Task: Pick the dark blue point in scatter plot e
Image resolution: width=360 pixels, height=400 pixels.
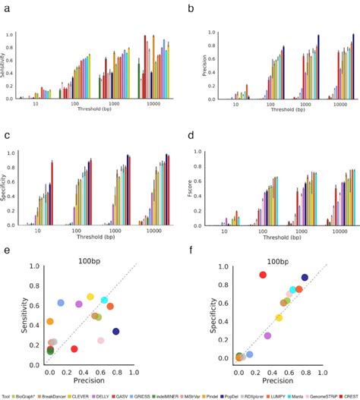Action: pos(116,331)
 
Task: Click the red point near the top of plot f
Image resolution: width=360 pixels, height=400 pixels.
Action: pos(263,275)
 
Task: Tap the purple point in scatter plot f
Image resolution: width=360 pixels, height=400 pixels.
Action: pos(267,335)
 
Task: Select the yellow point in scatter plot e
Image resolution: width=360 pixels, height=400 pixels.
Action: pos(90,297)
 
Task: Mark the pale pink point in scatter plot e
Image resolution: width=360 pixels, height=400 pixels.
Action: pos(100,341)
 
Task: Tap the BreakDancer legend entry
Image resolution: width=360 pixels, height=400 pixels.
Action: pos(56,395)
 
